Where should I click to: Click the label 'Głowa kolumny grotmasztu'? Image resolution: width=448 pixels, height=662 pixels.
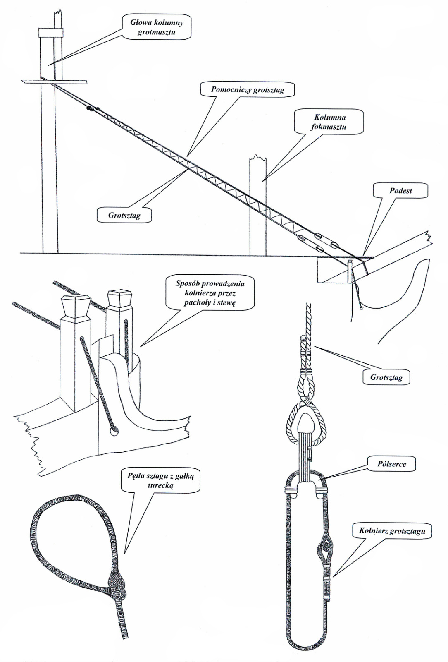157,27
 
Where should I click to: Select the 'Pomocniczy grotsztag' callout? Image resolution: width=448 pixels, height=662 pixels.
248,89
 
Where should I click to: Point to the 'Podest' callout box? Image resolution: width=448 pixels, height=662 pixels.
400,191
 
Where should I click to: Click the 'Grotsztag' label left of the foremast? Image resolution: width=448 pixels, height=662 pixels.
124,216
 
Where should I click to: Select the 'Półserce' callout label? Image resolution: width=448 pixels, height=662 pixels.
391,464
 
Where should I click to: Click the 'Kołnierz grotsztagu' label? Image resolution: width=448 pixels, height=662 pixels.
392,531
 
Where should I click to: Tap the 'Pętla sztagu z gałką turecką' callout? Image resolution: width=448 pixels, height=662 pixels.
160,480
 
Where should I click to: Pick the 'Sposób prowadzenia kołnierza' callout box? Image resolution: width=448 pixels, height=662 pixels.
210,293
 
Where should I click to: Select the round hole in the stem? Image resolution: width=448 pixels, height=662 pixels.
113,432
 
